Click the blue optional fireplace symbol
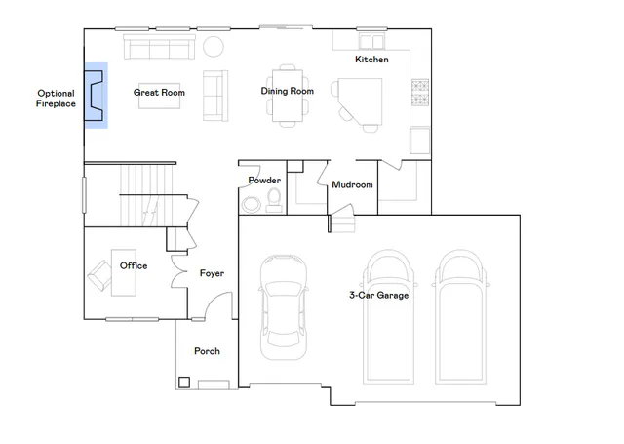96,97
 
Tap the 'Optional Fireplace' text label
55,98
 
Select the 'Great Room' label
159,93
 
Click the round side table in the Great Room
213,46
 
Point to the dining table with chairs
287,95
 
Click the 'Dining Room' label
287,91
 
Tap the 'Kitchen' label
371,60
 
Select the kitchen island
363,101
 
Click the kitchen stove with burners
421,92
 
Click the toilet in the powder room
274,200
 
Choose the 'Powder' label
264,181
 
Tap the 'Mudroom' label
352,184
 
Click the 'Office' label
134,265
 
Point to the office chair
100,273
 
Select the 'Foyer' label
212,273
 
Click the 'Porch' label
207,351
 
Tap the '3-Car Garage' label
379,295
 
